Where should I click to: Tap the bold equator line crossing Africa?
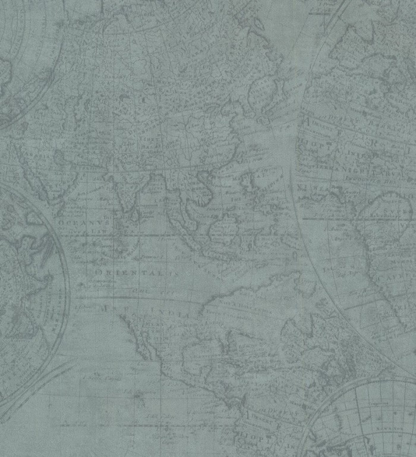tap(357, 217)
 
